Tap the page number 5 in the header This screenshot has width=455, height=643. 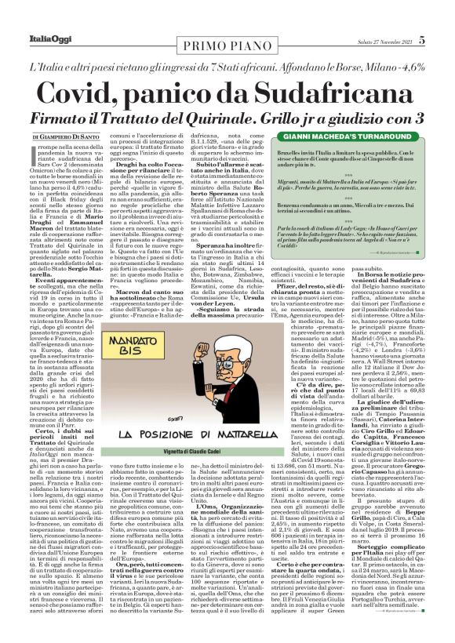pos(444,16)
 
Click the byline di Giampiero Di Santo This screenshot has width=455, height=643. pos(50,114)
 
